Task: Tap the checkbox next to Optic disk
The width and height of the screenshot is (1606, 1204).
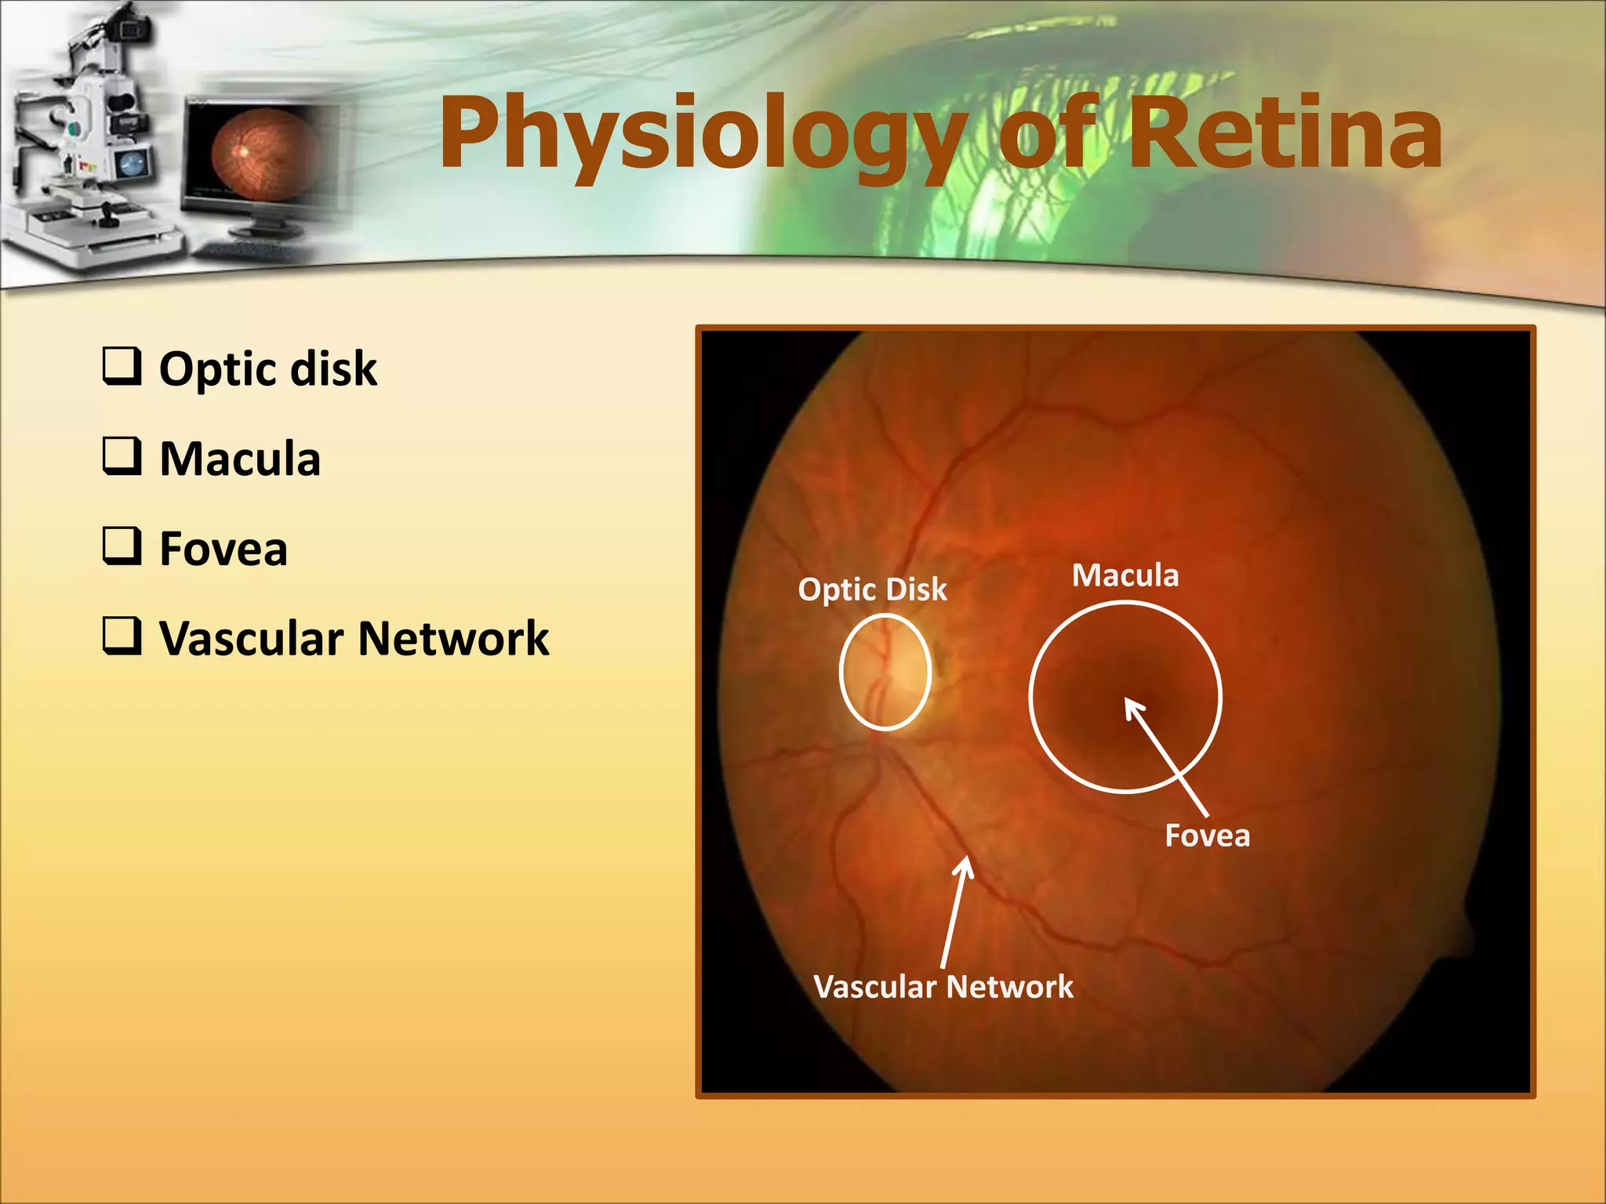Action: click(x=122, y=366)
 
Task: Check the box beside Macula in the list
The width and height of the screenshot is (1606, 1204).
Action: click(x=122, y=456)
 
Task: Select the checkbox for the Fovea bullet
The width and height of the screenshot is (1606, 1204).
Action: click(x=122, y=546)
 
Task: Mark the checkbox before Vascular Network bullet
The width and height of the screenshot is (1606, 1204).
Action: click(x=122, y=636)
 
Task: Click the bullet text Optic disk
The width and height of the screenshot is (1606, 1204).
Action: click(x=267, y=368)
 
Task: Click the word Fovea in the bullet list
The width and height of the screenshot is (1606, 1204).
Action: click(x=223, y=548)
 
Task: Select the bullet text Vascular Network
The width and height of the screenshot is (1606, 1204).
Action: click(x=354, y=638)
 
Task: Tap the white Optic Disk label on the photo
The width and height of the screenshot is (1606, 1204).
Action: click(x=872, y=589)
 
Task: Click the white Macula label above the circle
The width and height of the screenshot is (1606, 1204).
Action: click(x=1125, y=575)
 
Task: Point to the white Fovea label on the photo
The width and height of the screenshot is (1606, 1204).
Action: click(x=1207, y=836)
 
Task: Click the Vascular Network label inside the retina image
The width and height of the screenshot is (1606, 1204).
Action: click(x=943, y=987)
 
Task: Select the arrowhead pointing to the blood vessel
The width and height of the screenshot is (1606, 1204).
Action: click(x=968, y=860)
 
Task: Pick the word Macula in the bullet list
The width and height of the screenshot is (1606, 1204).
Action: click(x=240, y=459)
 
